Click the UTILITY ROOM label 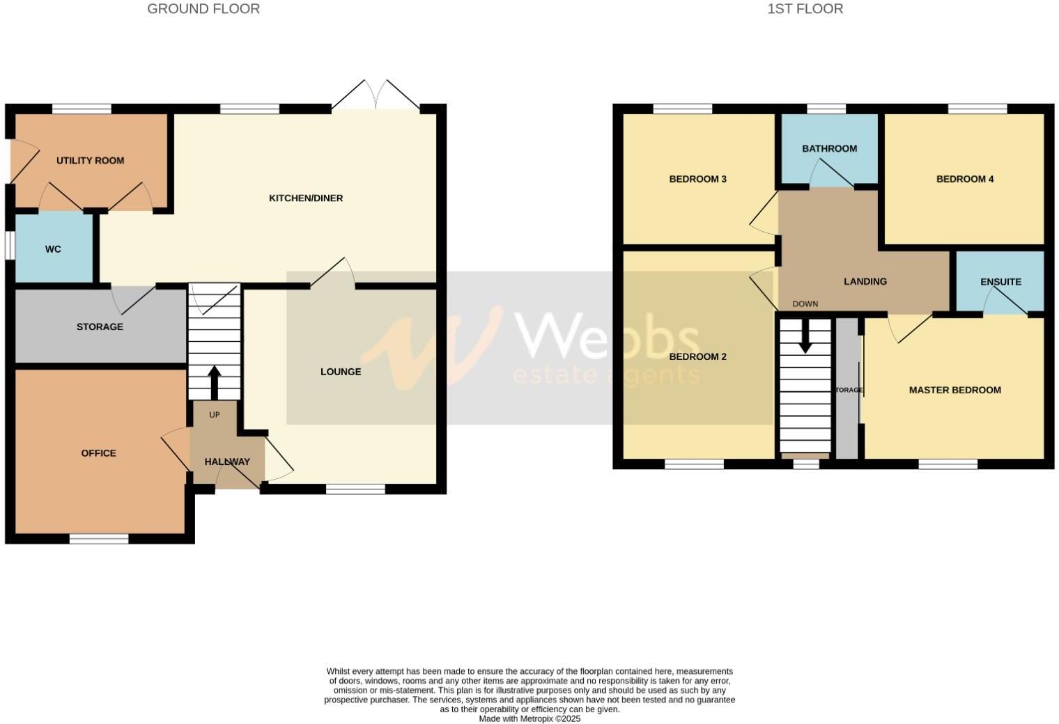point(91,161)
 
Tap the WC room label point(53,249)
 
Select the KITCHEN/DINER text point(306,198)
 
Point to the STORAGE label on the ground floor point(100,326)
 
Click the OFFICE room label point(98,453)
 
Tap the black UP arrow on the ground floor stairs point(214,383)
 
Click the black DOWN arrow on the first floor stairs point(805,336)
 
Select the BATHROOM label point(829,149)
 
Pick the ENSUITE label point(1000,282)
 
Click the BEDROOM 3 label point(697,179)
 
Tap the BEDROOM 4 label point(964,179)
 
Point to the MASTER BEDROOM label point(954,390)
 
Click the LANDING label point(865,281)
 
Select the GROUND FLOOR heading point(203,9)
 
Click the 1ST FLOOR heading point(805,9)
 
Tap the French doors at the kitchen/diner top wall point(376,96)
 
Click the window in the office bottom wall point(99,538)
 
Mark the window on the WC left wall point(10,245)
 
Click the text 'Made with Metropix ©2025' point(529,718)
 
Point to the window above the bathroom point(826,109)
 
